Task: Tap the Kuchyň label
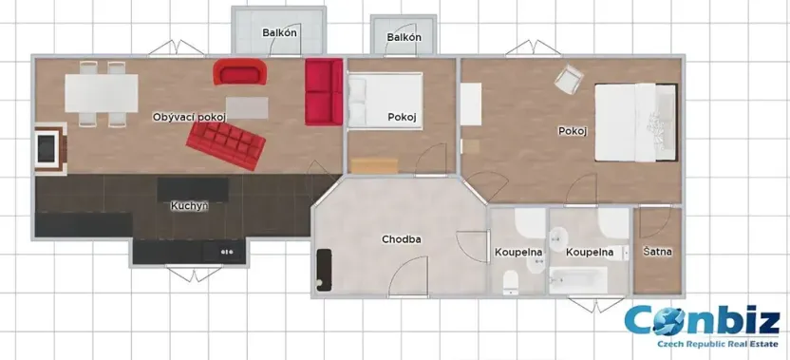click(x=189, y=205)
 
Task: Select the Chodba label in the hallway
click(x=401, y=238)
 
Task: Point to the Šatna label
click(x=657, y=252)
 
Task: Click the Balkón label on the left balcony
click(x=280, y=33)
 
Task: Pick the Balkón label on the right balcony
click(x=404, y=37)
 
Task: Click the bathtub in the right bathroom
click(x=578, y=280)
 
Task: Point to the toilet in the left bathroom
click(x=511, y=280)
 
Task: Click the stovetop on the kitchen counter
click(x=226, y=253)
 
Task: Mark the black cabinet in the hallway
click(x=325, y=270)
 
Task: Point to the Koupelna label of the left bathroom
click(x=518, y=253)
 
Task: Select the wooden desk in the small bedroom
click(x=374, y=164)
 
